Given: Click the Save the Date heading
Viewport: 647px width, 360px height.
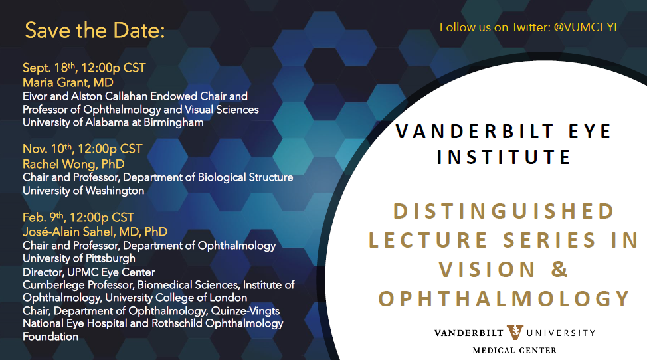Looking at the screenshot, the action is click(x=95, y=30).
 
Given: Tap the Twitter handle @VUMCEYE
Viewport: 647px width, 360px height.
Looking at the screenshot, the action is click(x=587, y=27).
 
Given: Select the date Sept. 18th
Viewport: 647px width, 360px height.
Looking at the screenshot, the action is click(x=49, y=68).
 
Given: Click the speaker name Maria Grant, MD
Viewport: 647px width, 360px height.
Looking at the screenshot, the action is click(x=68, y=82).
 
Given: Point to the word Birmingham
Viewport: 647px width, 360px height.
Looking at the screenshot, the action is click(x=173, y=122).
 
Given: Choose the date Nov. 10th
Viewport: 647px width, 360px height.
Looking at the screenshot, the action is click(x=47, y=149).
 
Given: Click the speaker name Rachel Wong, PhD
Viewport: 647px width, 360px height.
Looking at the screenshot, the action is click(x=74, y=164).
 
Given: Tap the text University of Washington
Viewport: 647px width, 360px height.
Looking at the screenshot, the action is click(x=83, y=191).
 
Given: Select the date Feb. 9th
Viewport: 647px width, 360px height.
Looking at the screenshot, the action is click(x=43, y=217).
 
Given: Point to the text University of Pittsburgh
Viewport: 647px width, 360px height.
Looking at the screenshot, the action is click(x=79, y=258).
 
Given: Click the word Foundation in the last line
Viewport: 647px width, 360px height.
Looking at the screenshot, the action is click(x=50, y=337).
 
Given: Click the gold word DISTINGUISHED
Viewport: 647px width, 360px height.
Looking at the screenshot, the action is click(x=504, y=211).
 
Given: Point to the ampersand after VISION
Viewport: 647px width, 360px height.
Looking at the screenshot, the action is click(x=559, y=269).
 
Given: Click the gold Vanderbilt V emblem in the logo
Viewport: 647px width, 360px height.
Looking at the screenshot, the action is click(x=515, y=332).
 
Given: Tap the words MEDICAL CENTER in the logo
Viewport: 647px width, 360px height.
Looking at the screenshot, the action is click(x=515, y=351).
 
